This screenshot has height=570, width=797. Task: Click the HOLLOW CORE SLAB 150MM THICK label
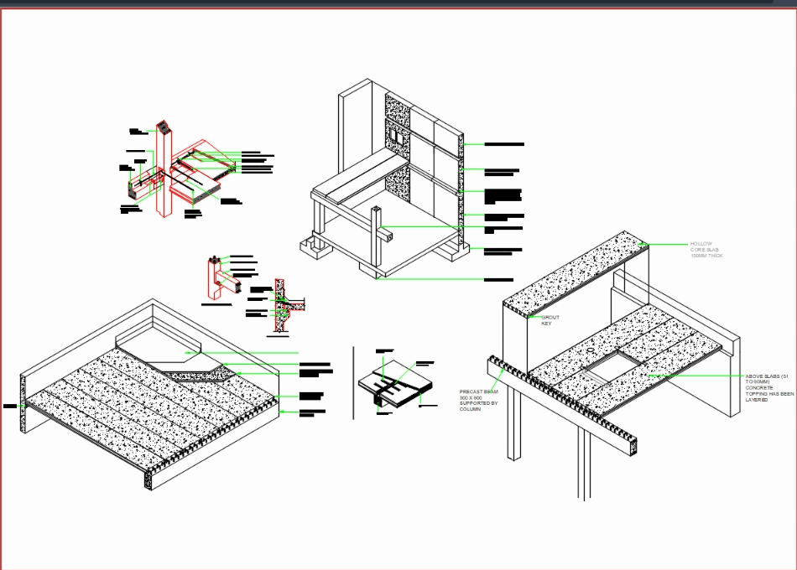706,249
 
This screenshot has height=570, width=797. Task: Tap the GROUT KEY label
550,320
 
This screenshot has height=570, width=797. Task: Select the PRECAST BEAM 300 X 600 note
479,401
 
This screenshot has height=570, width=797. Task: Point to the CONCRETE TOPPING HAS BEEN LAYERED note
768,388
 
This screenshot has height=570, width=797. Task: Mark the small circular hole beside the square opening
591,350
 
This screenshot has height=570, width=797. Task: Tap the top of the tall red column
163,127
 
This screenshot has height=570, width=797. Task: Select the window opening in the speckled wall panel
393,134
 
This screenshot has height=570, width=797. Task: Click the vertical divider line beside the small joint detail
353,381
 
